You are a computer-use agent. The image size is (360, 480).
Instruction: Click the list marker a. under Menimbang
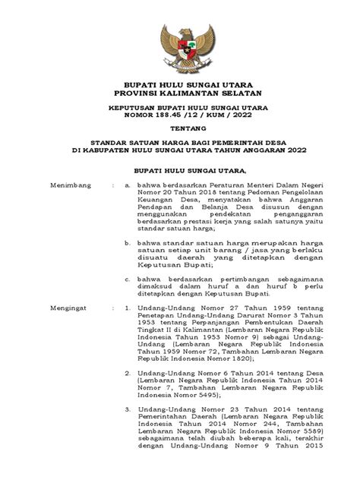pos(129,184)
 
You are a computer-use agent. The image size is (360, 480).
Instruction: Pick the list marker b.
pos(129,242)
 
